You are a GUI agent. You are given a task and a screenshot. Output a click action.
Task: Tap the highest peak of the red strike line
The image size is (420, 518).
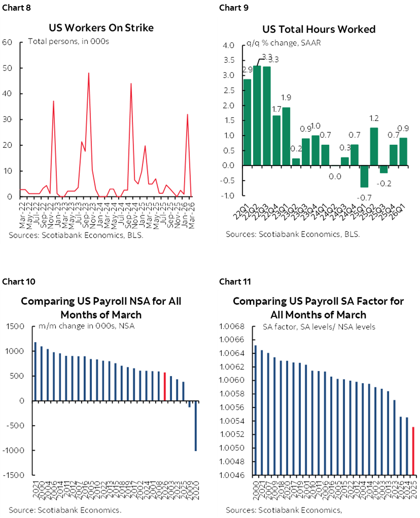click(89, 73)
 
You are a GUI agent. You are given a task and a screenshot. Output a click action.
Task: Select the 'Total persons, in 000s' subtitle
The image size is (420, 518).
click(68, 42)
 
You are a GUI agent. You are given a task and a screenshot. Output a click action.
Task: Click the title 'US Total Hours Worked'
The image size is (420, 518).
click(319, 29)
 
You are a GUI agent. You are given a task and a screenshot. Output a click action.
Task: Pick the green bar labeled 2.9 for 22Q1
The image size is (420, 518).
click(248, 122)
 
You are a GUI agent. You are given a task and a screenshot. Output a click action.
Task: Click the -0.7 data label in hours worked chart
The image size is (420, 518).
click(362, 196)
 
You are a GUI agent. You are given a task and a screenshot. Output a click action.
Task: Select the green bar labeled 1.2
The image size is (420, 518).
click(374, 146)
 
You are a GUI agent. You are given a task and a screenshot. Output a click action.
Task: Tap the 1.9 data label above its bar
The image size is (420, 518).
click(286, 98)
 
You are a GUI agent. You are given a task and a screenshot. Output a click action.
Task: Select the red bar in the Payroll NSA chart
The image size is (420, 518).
click(165, 387)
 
